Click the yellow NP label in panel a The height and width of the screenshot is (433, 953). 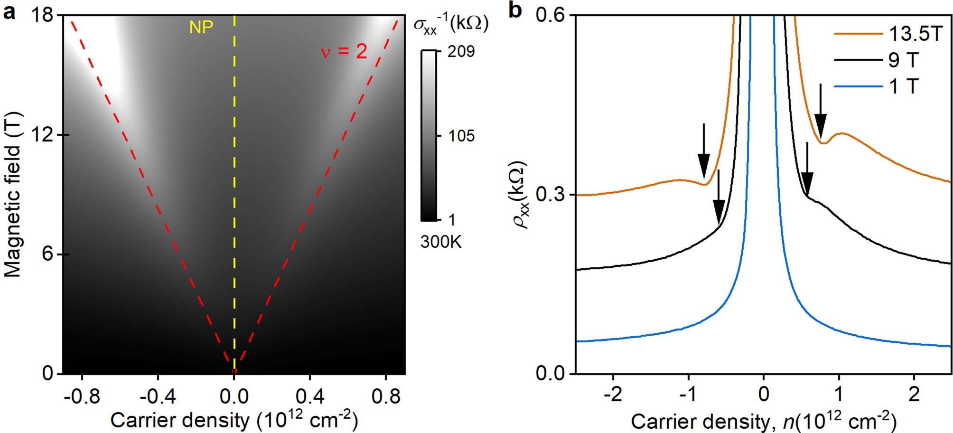coord(201,28)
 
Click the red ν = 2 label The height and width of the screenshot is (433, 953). coord(344,51)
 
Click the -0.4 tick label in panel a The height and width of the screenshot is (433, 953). coord(158,396)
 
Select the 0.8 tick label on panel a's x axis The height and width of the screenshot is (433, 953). coord(385,396)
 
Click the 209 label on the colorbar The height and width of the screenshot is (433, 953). coord(461,51)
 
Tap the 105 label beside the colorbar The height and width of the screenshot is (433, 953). coord(461,136)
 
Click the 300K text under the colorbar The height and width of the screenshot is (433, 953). coord(440,242)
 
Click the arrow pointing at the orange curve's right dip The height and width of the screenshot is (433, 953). coord(820,112)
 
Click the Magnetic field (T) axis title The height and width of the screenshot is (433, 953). coord(14,195)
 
